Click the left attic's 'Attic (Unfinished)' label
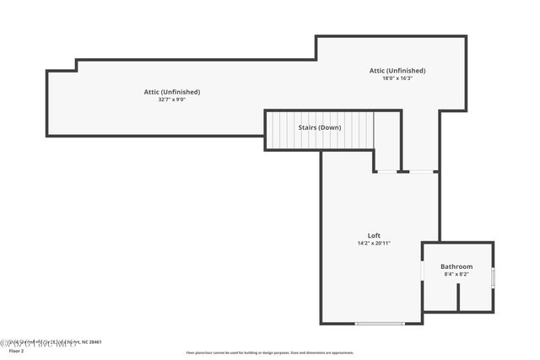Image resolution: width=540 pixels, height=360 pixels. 171,91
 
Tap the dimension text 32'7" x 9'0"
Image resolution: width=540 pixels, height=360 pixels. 171,99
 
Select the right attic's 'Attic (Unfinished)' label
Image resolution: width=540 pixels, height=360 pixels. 397,71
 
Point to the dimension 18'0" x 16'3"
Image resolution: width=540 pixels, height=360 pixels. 397,78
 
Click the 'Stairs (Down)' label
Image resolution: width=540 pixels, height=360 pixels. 320,127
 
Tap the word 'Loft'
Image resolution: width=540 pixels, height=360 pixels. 374,235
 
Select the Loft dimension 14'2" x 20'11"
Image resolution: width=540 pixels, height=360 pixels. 374,244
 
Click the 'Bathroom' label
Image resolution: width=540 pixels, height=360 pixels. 456,266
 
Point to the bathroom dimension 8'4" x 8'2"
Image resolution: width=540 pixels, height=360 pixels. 456,274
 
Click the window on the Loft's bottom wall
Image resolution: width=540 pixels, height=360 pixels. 379,324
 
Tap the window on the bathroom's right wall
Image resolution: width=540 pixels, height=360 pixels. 494,277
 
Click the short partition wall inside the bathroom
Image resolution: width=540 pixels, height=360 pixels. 457,297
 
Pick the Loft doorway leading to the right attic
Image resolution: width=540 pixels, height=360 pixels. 422,171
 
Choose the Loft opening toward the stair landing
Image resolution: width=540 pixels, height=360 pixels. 387,171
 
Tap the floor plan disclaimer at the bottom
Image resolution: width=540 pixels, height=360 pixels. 270,353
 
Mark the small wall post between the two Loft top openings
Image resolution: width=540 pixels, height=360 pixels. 403,171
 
